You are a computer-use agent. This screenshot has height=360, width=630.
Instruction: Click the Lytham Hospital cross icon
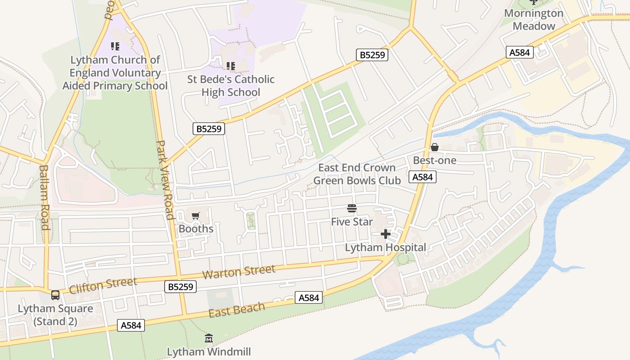click(x=386, y=234)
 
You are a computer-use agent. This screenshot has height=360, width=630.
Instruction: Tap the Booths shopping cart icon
click(x=195, y=216)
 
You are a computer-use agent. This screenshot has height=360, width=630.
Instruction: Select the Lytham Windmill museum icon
click(x=209, y=338)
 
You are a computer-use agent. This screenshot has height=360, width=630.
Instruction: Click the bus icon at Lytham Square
click(x=55, y=295)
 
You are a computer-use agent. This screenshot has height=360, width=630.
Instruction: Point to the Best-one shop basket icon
click(x=435, y=147)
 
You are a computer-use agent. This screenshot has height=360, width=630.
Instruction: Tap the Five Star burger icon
click(x=352, y=208)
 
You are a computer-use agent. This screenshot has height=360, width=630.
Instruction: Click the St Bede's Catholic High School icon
click(x=231, y=66)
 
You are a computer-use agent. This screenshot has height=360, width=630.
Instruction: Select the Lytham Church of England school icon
click(x=115, y=46)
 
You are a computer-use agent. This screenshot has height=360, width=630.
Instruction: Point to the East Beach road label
click(x=237, y=310)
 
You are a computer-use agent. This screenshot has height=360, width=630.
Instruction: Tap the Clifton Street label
click(x=103, y=285)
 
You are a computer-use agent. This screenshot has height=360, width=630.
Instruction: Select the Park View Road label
click(x=164, y=180)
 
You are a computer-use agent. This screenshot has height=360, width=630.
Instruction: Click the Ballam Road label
click(x=44, y=197)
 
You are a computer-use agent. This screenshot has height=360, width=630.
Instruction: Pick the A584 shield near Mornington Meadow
click(x=519, y=52)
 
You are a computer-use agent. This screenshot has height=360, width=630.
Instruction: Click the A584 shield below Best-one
click(x=423, y=177)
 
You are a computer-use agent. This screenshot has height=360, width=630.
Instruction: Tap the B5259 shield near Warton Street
click(x=180, y=287)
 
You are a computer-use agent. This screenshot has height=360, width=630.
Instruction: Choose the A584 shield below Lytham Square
click(x=131, y=325)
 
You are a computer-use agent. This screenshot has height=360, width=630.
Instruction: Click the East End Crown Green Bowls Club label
click(x=357, y=174)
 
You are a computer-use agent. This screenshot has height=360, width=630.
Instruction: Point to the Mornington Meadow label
click(x=534, y=19)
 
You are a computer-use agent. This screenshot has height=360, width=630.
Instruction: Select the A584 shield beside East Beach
click(x=309, y=297)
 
